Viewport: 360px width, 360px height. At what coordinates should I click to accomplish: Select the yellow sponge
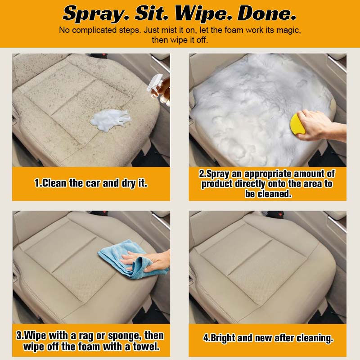pyautogui.click(x=297, y=125)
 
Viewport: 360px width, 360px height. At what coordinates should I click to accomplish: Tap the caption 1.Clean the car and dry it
pyautogui.click(x=91, y=183)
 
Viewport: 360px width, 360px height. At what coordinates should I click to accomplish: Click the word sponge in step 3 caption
pyautogui.click(x=125, y=336)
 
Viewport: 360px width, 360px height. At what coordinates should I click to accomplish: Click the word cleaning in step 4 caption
pyautogui.click(x=315, y=338)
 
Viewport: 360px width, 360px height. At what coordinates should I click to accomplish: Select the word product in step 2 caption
pyautogui.click(x=217, y=184)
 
